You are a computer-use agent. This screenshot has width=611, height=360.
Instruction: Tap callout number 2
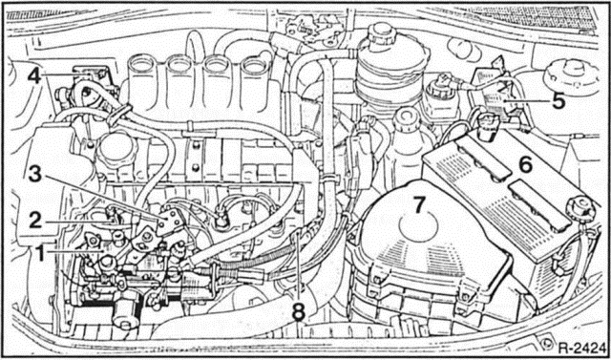(35, 221)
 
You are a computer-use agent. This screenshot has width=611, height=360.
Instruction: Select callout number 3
(35, 174)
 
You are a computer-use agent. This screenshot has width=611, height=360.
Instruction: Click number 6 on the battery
(524, 164)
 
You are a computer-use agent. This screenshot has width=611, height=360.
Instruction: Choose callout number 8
(300, 309)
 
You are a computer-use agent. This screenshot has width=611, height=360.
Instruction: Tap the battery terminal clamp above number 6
(486, 123)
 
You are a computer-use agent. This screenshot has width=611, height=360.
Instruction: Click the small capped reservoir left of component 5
(444, 88)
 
